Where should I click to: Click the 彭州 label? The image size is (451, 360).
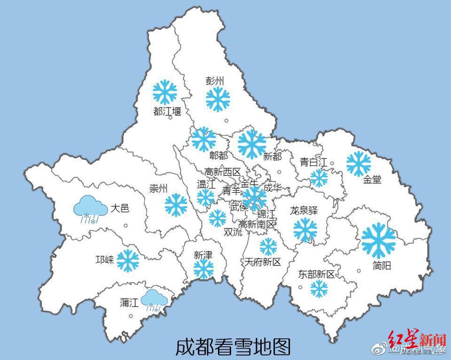point(215,81)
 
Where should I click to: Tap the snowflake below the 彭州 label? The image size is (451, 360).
point(218,99)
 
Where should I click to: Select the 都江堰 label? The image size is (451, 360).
point(167,111)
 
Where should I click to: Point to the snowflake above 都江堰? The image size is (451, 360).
point(164,92)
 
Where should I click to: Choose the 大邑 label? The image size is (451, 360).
point(120,208)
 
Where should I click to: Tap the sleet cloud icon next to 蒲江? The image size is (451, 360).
point(155,300)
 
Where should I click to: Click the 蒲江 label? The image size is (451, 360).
point(129,303)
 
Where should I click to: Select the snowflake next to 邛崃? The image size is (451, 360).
point(128,260)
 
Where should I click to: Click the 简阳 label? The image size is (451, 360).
point(382,266)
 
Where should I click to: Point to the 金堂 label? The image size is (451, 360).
point(372,180)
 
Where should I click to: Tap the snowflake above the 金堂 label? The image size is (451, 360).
point(358,163)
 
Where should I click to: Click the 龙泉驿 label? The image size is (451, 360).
point(303,210)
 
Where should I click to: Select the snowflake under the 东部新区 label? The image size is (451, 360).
point(319,289)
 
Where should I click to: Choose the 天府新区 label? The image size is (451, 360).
point(262,262)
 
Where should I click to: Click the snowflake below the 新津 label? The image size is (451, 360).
point(204,269)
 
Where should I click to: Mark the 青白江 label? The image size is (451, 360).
point(314,162)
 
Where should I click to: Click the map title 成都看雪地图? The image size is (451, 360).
point(233,347)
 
